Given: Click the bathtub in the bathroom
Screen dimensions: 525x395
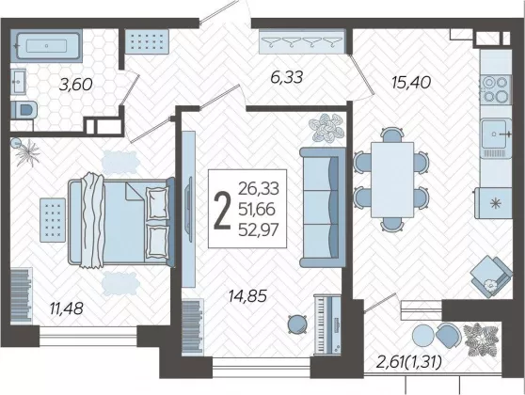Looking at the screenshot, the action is [x=46, y=46].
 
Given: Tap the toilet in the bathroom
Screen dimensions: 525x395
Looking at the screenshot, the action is [x=24, y=110].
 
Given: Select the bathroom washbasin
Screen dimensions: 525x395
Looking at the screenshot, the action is [x=18, y=81].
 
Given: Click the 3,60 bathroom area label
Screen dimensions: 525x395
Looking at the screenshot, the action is [x=75, y=85].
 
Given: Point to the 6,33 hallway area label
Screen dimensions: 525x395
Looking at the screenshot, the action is [x=286, y=77].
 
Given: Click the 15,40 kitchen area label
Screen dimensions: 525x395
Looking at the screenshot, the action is [x=411, y=83].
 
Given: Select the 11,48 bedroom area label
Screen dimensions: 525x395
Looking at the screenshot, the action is [x=66, y=308].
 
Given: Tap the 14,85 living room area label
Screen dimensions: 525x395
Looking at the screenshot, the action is [x=247, y=296].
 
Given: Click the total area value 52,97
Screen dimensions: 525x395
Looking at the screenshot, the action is [x=259, y=230].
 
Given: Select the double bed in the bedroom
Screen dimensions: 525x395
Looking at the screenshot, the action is [x=121, y=222].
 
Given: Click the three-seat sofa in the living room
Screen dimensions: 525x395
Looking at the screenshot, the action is [x=323, y=208].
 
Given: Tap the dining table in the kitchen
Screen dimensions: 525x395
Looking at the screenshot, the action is [x=392, y=180].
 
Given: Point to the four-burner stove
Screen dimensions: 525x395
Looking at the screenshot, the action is [x=496, y=89].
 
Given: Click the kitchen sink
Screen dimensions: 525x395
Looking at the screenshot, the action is [x=496, y=138].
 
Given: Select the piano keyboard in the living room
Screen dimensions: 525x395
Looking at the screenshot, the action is [x=327, y=324].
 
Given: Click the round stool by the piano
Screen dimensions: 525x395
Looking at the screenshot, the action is [x=297, y=324].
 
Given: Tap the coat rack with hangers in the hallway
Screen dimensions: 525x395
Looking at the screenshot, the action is [x=302, y=41].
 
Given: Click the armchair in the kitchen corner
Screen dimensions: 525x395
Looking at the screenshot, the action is [x=491, y=276].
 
